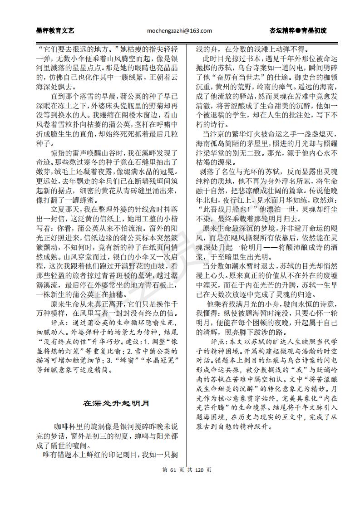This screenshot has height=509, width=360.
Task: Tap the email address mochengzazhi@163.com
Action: tap(180, 31)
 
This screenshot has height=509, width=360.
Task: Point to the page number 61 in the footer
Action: tap(172, 470)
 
